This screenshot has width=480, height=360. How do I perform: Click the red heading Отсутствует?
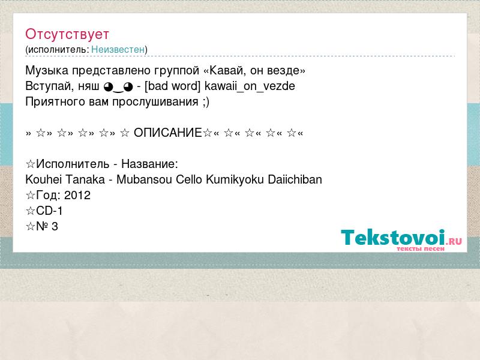(x=67, y=34)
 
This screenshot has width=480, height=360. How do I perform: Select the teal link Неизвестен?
(x=118, y=49)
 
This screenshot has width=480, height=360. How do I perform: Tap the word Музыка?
(x=47, y=71)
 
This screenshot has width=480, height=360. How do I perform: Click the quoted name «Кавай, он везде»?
(x=254, y=71)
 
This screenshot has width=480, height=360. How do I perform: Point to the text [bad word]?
(x=172, y=86)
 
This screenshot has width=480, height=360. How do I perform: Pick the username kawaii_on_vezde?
(x=250, y=86)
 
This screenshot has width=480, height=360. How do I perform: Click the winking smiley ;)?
(x=206, y=102)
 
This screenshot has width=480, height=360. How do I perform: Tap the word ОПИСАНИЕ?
(x=168, y=133)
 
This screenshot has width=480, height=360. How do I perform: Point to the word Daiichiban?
(x=295, y=179)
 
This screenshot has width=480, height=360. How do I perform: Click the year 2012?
(x=77, y=196)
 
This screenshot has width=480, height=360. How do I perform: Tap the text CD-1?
(x=49, y=211)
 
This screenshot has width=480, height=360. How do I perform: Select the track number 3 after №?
(x=55, y=227)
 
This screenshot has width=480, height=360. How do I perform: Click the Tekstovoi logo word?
(x=393, y=237)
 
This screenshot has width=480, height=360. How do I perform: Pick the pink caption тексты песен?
(x=421, y=248)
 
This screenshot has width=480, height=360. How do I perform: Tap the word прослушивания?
(x=155, y=102)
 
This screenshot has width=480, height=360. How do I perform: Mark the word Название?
(x=149, y=164)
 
